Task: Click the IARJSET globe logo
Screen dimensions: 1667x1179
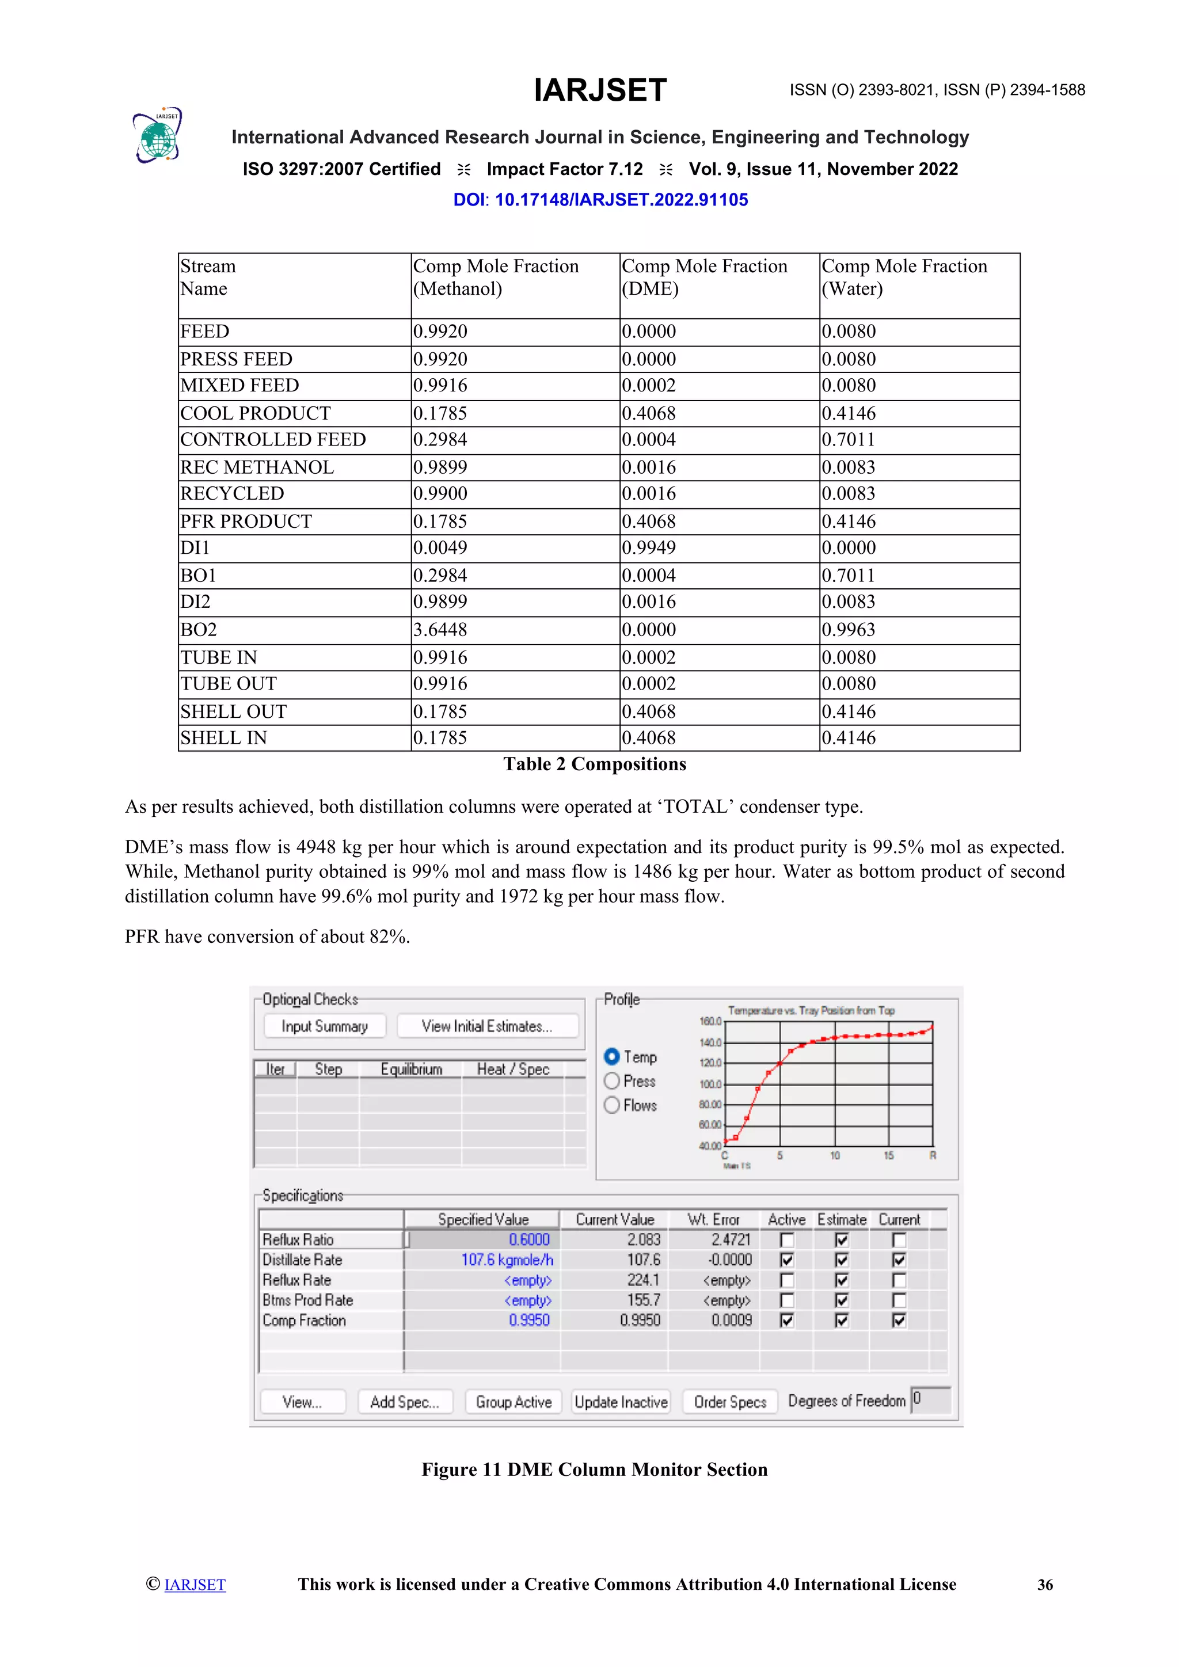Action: coord(157,136)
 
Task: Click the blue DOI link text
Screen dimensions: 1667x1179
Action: coord(600,200)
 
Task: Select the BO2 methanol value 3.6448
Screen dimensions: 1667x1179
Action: coord(440,630)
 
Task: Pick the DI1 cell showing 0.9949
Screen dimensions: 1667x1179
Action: coord(648,547)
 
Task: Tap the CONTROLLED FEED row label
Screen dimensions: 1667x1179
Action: coord(273,439)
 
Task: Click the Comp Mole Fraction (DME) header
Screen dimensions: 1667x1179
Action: coord(703,277)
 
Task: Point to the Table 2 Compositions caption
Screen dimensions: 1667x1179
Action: coord(595,764)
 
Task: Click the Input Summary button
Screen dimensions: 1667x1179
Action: coord(325,1026)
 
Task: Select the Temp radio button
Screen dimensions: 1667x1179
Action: coord(612,1056)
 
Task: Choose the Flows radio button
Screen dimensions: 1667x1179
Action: coord(612,1105)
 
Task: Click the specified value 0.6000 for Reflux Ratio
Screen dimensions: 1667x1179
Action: coord(529,1239)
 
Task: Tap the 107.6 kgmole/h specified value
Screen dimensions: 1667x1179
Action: coord(507,1259)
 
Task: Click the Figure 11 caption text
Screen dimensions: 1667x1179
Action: coord(595,1470)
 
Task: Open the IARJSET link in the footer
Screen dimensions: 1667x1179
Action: coord(195,1585)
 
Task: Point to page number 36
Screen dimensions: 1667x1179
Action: coord(1045,1585)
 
